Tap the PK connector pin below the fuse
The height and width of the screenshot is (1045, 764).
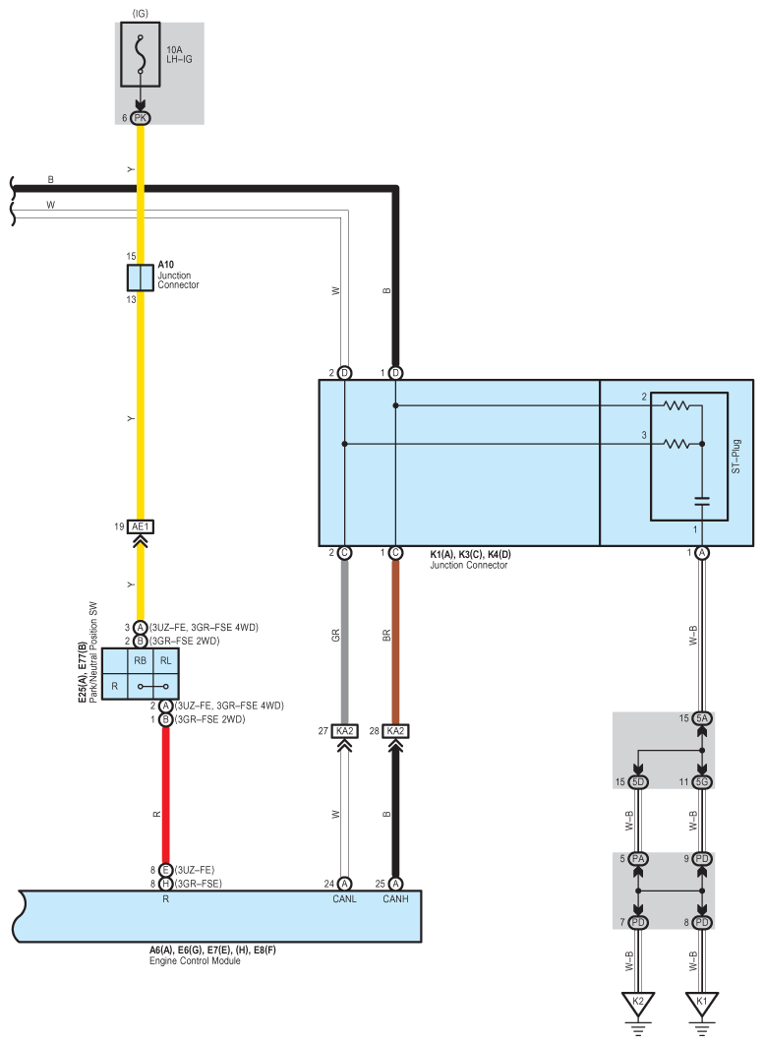[140, 117]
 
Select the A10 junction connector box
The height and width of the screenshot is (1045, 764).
[140, 277]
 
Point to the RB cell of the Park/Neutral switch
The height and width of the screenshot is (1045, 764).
[140, 661]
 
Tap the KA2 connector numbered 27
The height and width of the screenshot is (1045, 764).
[344, 731]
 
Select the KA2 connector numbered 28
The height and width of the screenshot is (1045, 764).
[395, 731]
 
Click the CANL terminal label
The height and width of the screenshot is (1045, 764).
[344, 897]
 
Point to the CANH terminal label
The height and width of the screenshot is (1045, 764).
[395, 897]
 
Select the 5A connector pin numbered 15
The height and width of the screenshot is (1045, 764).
[702, 718]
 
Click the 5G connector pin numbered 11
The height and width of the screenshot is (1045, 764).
[702, 782]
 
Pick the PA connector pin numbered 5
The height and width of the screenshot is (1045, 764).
[638, 859]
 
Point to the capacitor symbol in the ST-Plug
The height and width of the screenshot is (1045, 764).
[702, 501]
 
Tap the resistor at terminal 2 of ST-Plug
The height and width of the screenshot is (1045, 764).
[677, 404]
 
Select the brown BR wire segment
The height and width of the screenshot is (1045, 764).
[395, 640]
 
